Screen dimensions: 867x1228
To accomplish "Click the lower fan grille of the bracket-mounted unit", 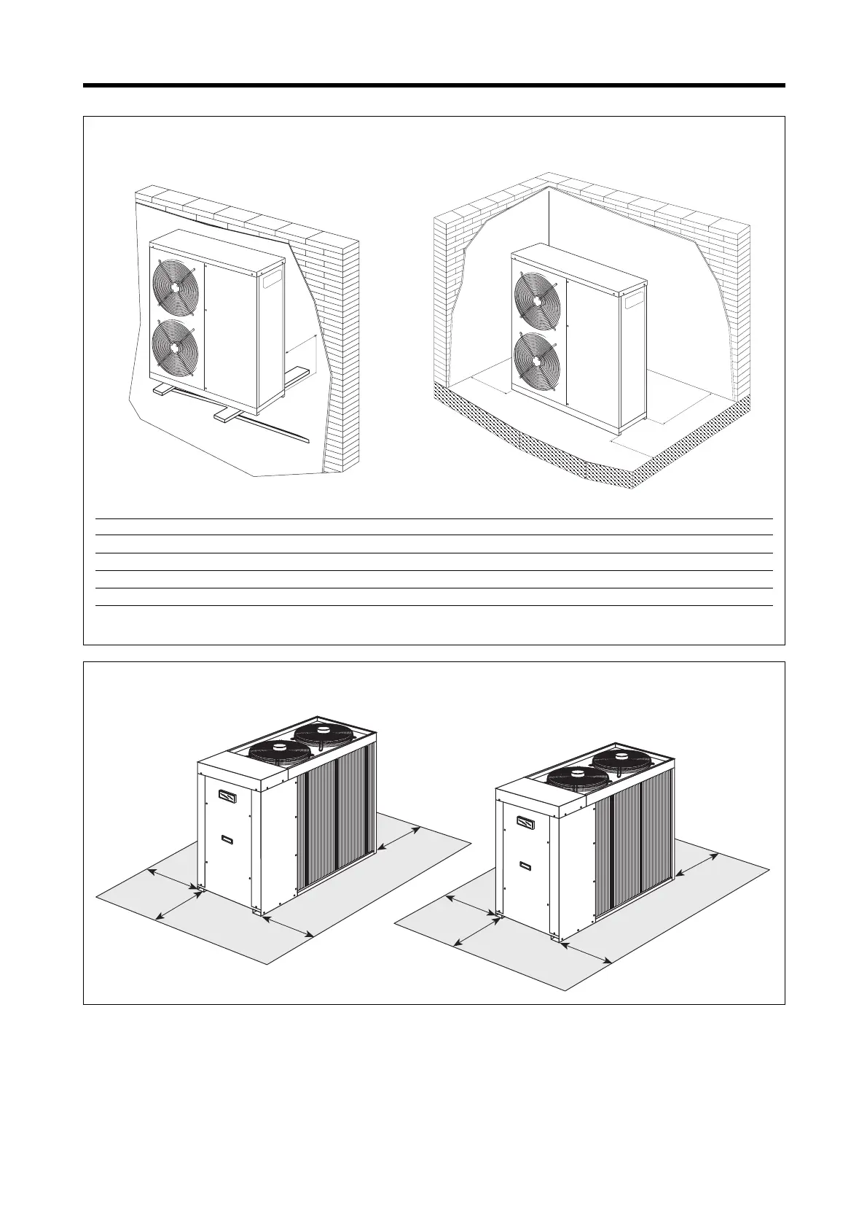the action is tap(174, 346).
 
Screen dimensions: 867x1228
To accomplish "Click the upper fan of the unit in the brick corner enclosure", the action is tap(538, 298).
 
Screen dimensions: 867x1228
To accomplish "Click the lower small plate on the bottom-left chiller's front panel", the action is tap(227, 839).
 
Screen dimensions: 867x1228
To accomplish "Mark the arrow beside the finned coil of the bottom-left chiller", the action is tap(399, 839).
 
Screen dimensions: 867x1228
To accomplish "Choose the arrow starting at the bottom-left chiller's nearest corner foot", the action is tap(288, 925).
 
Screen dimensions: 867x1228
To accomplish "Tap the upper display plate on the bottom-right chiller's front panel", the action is tap(525, 823).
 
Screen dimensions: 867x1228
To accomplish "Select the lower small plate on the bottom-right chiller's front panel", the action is tap(525, 866).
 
